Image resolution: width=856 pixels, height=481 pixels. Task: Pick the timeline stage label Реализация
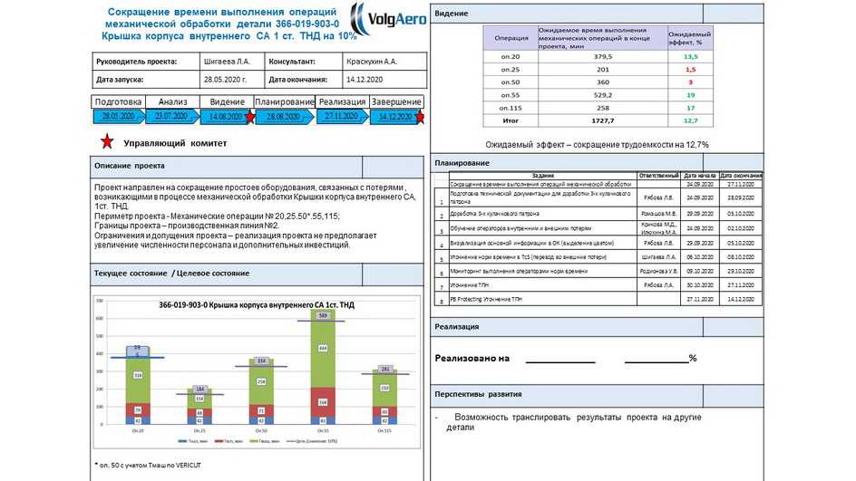click(342, 101)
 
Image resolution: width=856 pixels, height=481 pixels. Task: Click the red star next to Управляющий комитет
click(107, 142)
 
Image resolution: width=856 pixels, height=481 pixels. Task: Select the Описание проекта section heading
click(130, 167)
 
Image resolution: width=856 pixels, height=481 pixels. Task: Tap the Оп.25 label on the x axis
click(199, 430)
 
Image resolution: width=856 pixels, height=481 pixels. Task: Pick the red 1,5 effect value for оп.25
click(690, 69)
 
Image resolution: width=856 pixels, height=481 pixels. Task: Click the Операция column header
click(511, 38)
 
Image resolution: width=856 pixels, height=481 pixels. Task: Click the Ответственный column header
click(659, 175)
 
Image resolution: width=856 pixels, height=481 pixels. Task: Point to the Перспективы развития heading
click(477, 394)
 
